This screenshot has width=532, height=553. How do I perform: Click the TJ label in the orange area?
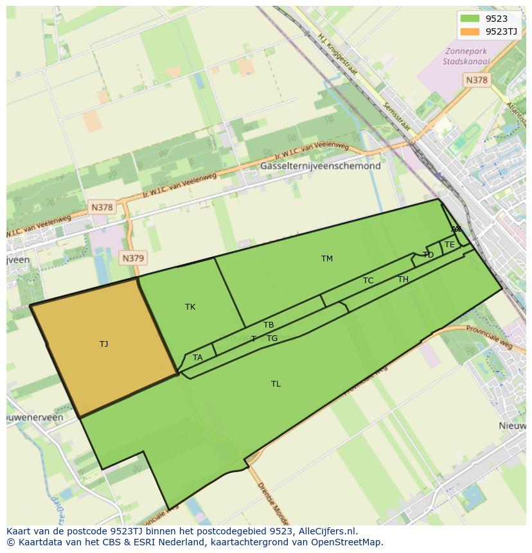[x=103, y=344]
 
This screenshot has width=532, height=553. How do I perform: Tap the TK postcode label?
[x=190, y=307]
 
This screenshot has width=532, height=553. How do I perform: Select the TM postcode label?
[x=327, y=259]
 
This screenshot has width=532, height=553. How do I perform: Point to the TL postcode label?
[x=276, y=384]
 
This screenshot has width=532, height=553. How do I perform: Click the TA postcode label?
[x=198, y=358]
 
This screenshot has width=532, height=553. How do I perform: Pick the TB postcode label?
[x=269, y=325]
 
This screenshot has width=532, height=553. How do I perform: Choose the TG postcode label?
[x=272, y=338]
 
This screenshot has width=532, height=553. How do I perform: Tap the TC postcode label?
[x=368, y=281]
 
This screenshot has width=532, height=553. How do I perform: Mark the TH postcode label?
[x=403, y=279]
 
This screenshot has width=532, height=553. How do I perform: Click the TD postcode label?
[x=429, y=255]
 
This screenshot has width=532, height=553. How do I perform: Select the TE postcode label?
[x=450, y=245]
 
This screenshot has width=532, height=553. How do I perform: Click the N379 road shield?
[x=133, y=258]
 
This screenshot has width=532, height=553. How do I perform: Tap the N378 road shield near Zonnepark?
[x=476, y=80]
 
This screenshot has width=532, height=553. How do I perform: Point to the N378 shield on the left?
[x=102, y=207]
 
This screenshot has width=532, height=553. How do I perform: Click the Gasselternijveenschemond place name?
[x=321, y=166]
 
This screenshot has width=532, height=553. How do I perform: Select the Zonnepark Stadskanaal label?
[x=466, y=57]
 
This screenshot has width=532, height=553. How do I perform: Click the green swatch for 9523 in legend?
[x=470, y=19]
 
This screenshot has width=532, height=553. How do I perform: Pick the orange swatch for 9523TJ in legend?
[x=470, y=31]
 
